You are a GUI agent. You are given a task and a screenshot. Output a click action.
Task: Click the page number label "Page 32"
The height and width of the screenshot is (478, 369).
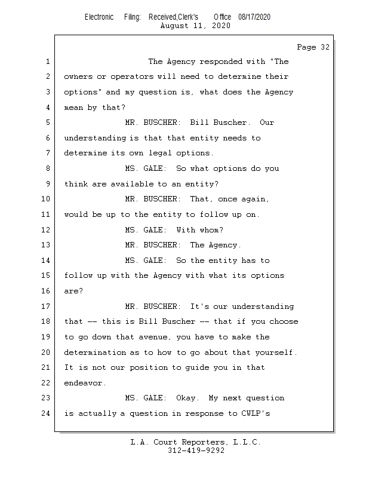click(313, 47)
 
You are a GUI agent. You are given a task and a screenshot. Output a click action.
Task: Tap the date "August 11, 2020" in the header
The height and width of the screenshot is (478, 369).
click(195, 26)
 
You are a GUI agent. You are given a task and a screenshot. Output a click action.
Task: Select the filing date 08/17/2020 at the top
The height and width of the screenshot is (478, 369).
click(254, 17)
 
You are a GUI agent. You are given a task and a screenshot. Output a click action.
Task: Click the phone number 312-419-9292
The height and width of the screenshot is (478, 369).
click(196, 451)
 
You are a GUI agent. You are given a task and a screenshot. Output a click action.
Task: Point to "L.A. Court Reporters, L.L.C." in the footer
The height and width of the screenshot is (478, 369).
click(195, 442)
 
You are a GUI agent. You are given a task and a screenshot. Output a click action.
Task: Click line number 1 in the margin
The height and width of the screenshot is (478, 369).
click(47, 62)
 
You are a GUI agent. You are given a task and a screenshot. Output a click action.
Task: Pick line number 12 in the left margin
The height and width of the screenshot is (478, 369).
click(45, 230)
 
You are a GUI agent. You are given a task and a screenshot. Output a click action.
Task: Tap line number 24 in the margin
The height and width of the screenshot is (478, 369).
click(45, 413)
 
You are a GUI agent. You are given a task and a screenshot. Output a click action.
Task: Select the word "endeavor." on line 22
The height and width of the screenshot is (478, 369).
click(85, 383)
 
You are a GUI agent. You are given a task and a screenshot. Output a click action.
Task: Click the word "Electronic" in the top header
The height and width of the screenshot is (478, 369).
click(99, 17)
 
